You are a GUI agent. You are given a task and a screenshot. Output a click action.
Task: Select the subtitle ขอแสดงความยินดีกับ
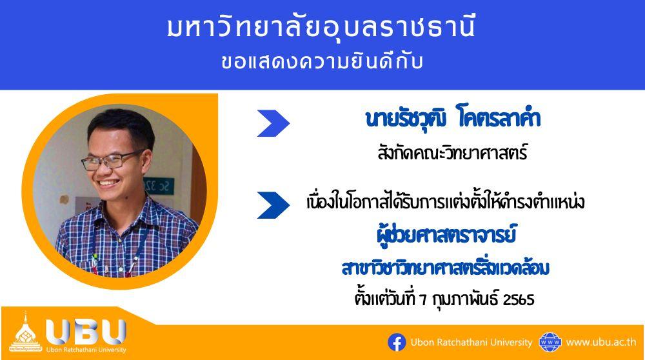pos(322,62)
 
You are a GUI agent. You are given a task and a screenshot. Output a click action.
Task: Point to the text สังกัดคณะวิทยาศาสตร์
pos(452,153)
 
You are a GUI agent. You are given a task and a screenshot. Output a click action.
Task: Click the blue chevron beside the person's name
pos(273,123)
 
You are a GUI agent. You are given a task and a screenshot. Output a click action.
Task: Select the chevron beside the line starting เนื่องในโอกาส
pos(273,205)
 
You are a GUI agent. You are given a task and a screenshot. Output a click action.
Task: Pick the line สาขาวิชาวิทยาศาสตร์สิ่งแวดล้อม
pos(446,268)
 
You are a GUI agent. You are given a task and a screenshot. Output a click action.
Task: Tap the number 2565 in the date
pos(519,299)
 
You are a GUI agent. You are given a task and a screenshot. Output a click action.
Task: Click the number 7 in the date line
pos(423,299)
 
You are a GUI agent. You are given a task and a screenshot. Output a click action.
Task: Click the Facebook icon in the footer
pos(397,343)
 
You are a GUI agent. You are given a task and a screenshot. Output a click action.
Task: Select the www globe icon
pos(550,343)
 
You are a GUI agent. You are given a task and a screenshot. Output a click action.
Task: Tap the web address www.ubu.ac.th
pos(600,343)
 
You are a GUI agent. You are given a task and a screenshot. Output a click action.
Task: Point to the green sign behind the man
pos(159,186)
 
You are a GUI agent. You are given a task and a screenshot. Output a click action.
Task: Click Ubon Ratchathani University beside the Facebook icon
pos(471,343)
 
